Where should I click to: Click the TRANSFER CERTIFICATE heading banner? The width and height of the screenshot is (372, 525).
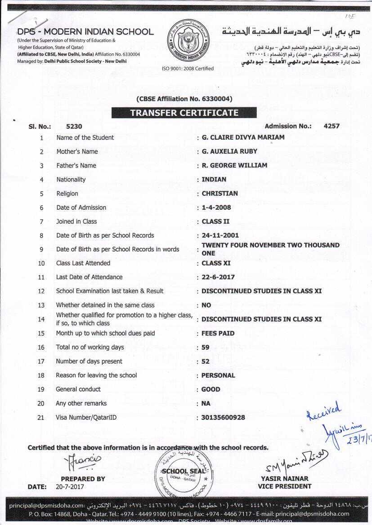click(x=184, y=113)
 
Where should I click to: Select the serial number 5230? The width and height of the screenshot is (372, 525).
click(x=74, y=127)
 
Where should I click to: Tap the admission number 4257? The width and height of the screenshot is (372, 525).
click(x=332, y=126)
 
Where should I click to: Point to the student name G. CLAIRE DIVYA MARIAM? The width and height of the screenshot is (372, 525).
click(x=243, y=137)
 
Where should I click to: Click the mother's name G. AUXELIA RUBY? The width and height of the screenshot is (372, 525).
click(x=229, y=151)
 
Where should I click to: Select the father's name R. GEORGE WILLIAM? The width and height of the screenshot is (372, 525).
click(x=234, y=165)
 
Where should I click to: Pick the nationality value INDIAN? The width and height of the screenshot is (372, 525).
click(x=214, y=179)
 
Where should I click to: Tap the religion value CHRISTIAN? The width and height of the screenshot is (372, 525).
click(x=220, y=194)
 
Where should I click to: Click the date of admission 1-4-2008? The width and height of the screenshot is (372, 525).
click(x=217, y=207)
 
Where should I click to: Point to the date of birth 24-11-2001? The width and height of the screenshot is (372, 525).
click(x=220, y=235)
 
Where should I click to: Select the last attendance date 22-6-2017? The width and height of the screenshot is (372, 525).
click(x=218, y=277)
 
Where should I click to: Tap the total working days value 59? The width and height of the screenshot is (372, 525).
click(x=206, y=347)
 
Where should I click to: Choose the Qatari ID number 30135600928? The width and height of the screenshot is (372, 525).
click(x=223, y=417)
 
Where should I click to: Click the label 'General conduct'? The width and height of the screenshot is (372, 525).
click(x=78, y=389)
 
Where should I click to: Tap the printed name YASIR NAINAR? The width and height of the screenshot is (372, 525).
click(x=284, y=479)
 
